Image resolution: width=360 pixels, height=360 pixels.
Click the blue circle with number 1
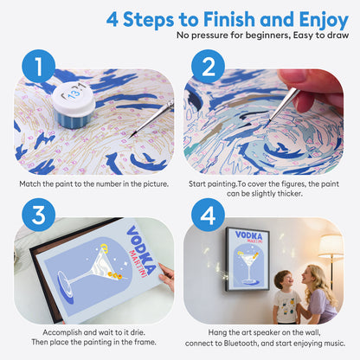pyautogui.click(x=38, y=66)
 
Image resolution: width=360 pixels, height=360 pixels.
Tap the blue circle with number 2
pyautogui.click(x=208, y=66)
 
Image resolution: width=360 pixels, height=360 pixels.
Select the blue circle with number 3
pyautogui.click(x=38, y=215)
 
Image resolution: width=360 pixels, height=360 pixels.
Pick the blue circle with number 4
pyautogui.click(x=208, y=215)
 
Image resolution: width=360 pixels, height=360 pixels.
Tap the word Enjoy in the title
pyautogui.click(x=324, y=21)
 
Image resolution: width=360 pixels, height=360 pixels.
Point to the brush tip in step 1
pyautogui.click(x=132, y=135)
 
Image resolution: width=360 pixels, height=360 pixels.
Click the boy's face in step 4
pyautogui.click(x=283, y=280)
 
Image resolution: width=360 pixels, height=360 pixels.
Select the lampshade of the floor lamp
pyautogui.click(x=331, y=246)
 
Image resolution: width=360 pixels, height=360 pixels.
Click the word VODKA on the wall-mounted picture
pyautogui.click(x=248, y=235)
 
